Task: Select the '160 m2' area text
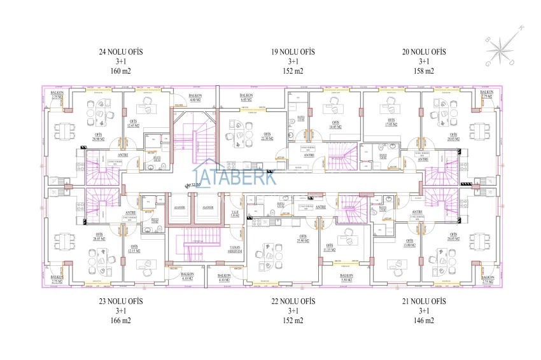click(x=121, y=71)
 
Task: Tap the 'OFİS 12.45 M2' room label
click(x=132, y=124)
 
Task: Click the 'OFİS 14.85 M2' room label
click(x=334, y=125)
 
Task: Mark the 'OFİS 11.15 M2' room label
click(x=330, y=248)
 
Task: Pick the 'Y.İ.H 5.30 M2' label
click(x=234, y=214)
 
